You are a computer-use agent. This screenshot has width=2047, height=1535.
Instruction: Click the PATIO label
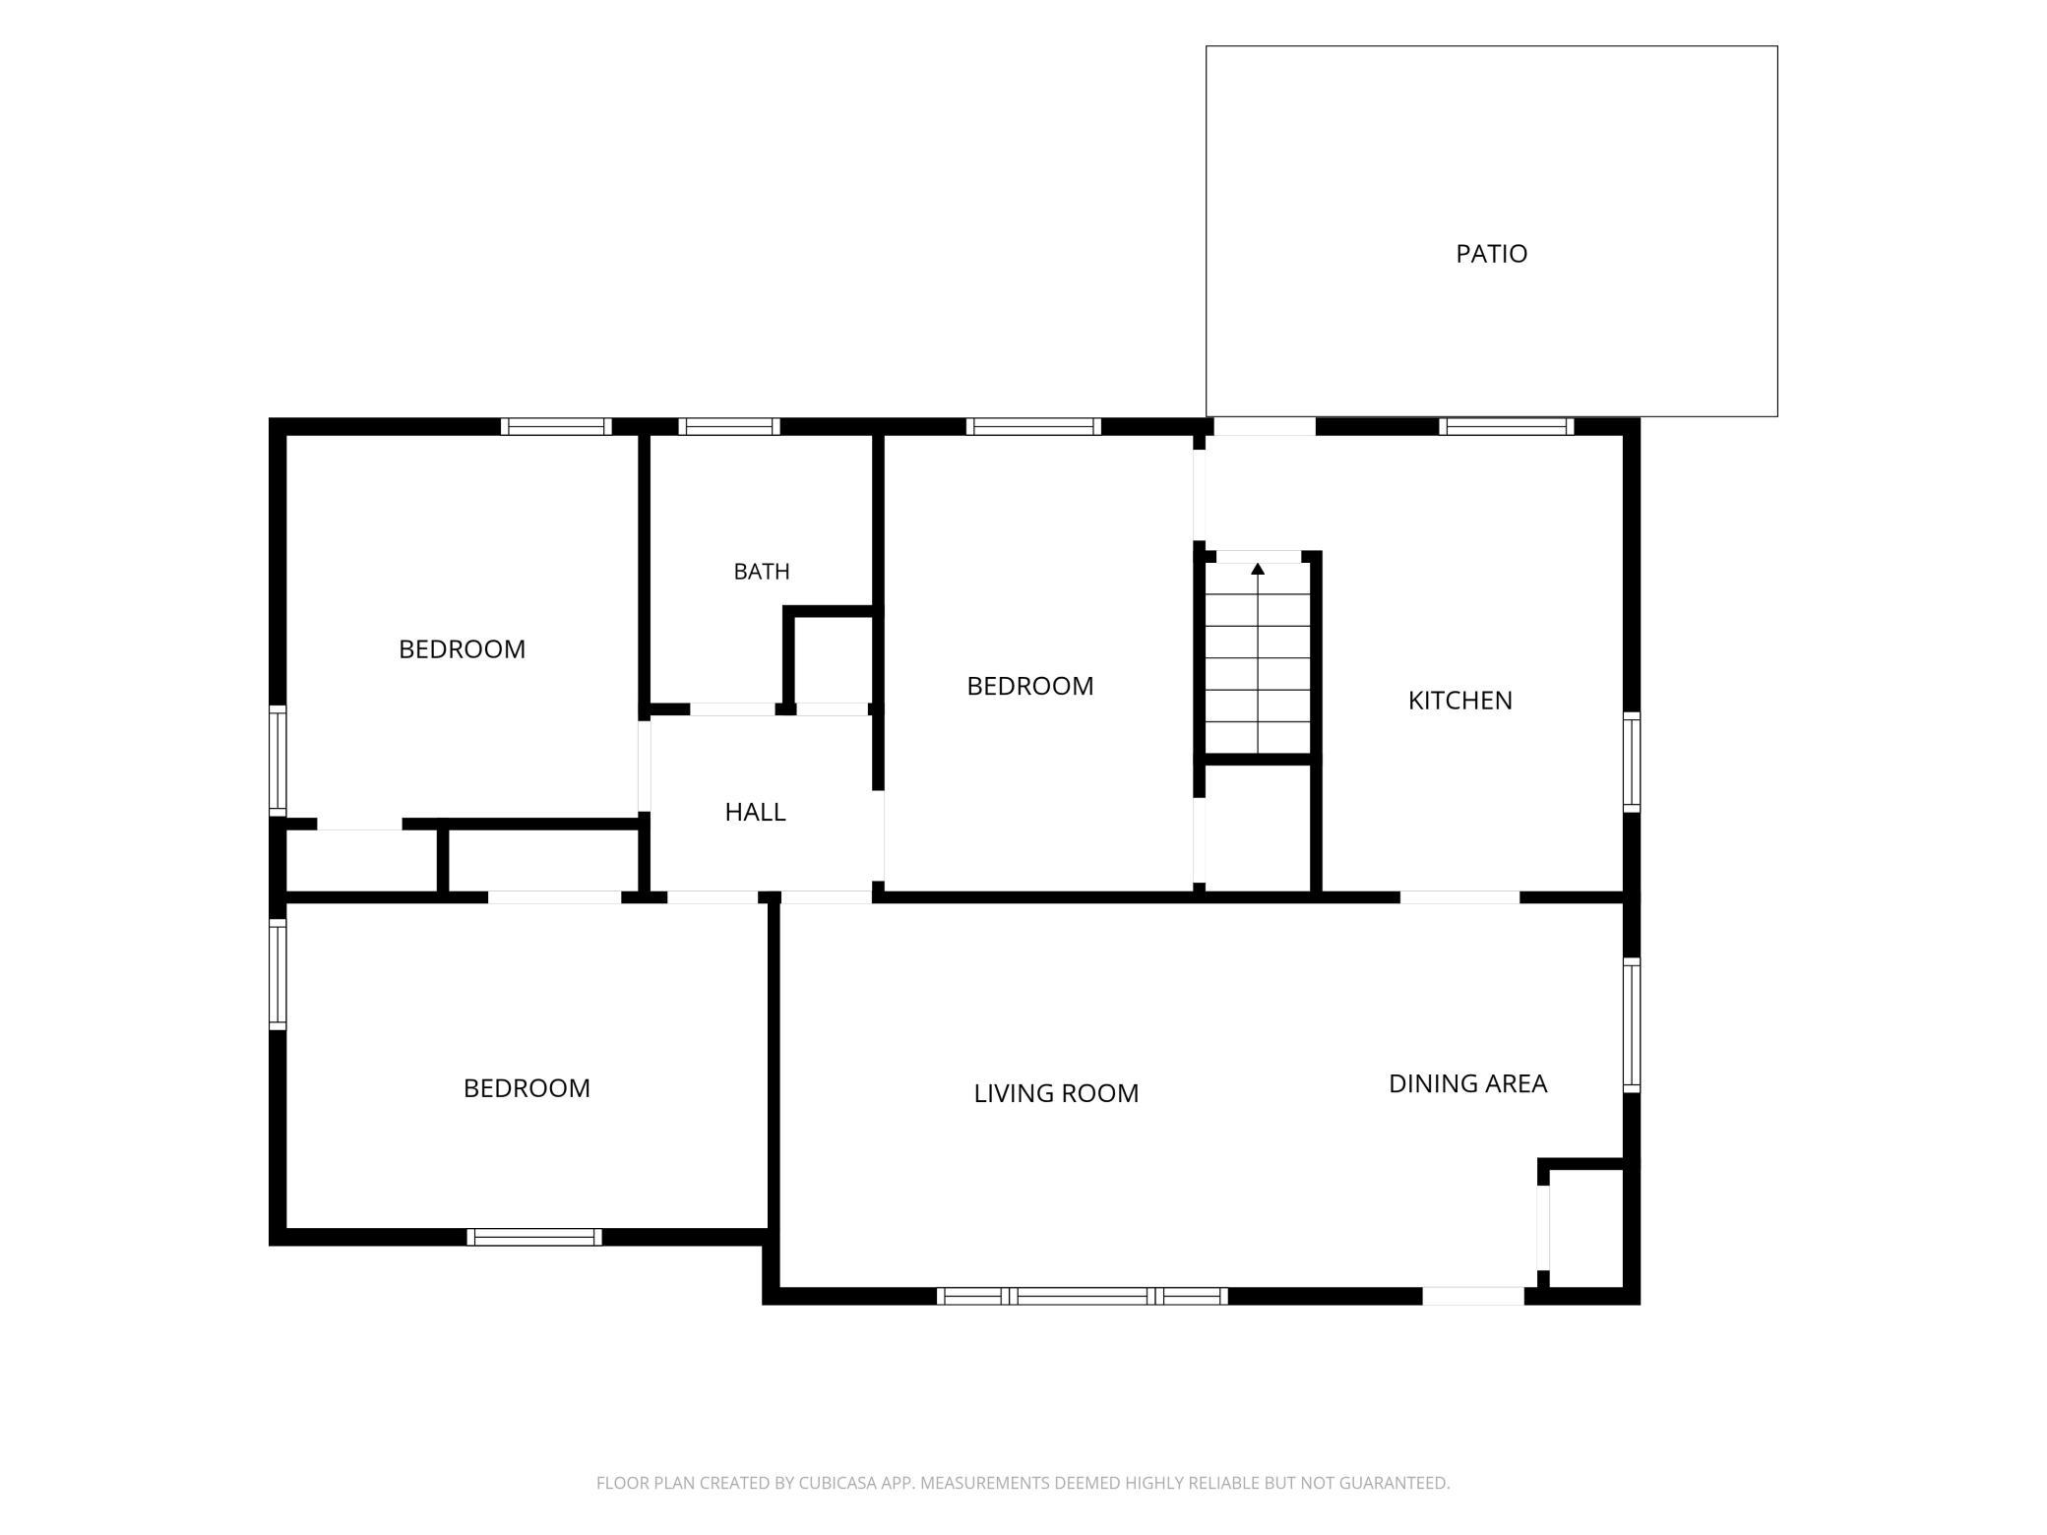coord(1491,254)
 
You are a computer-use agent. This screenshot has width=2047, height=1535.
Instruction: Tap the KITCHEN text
coord(1459,701)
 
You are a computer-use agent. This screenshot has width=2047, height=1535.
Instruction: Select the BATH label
coord(762,572)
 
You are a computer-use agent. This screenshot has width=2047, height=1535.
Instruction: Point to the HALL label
coord(755,812)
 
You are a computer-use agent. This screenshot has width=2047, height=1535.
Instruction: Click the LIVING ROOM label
coord(1056,1093)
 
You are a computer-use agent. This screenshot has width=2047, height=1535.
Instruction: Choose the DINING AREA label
coord(1467,1083)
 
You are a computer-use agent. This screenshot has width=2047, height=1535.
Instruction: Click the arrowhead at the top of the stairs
coord(1258,569)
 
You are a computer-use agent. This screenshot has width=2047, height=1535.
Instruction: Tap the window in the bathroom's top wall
coord(729,427)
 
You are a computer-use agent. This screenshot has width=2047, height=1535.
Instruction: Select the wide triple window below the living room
coord(1083,1296)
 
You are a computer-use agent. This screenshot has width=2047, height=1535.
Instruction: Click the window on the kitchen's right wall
coord(1631,763)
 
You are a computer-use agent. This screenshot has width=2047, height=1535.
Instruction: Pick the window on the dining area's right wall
coord(1631,1025)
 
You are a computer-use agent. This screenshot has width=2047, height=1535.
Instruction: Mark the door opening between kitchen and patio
coord(1265,427)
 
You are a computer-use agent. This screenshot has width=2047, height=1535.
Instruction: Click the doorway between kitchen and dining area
coord(1460,897)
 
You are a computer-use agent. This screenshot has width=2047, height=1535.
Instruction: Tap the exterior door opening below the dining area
coord(1473,1296)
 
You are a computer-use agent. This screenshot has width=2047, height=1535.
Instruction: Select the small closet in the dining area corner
coord(1585,1228)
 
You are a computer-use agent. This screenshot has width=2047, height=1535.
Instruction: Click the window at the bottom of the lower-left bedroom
coord(534,1237)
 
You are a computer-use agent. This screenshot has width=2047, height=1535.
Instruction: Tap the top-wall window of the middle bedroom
coord(1033,427)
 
